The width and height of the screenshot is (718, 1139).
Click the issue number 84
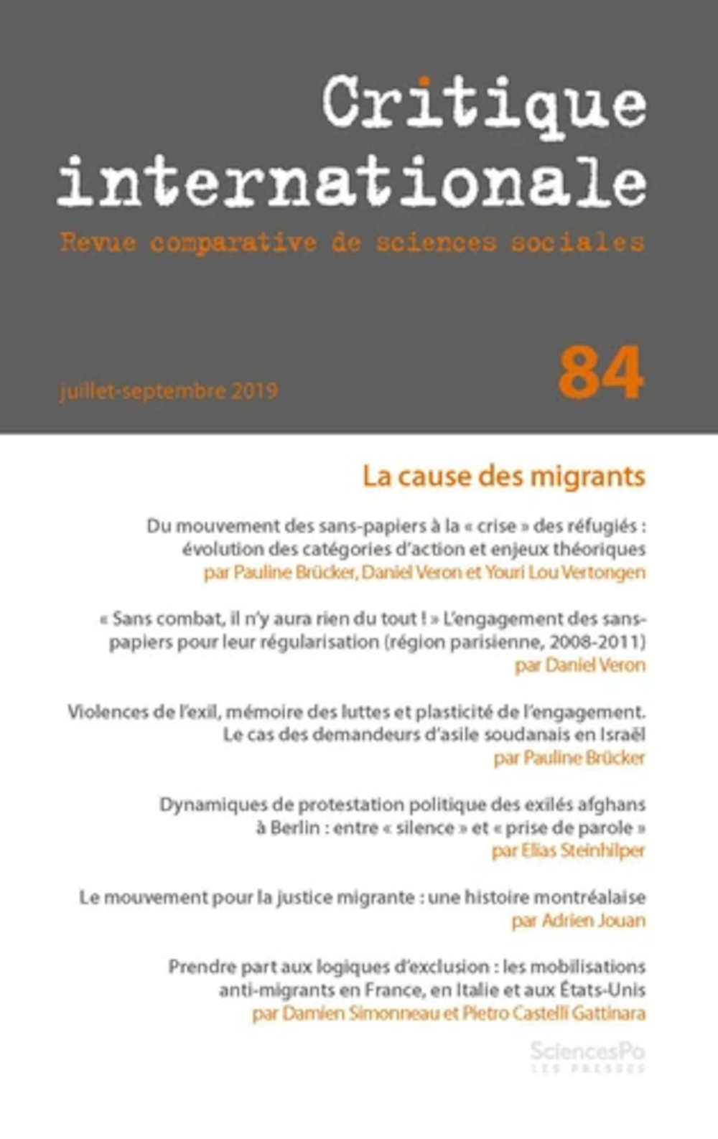point(600,373)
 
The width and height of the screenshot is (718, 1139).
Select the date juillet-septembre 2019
point(169,391)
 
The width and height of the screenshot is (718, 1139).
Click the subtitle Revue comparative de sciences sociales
point(352,243)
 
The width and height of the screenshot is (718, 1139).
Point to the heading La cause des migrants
point(503,476)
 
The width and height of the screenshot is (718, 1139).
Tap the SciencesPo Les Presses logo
point(587,1056)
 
